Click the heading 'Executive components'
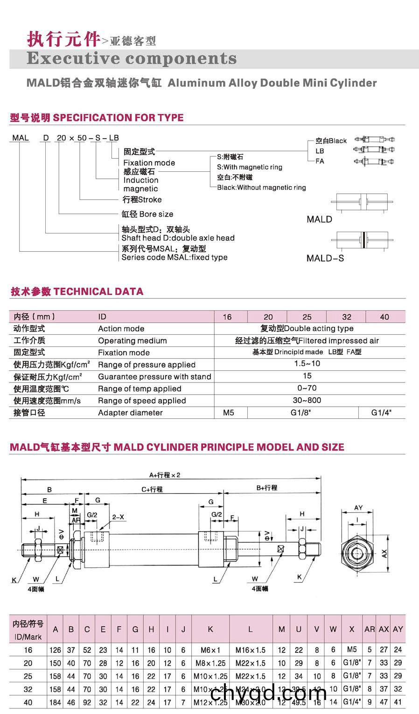(132, 59)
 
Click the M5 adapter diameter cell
(229, 413)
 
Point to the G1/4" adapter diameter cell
(381, 413)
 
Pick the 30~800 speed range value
(307, 401)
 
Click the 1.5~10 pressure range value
(307, 364)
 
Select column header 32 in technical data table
(346, 317)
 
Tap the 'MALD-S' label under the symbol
(325, 258)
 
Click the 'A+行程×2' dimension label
(165, 475)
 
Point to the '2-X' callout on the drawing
(118, 517)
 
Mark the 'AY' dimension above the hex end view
(358, 508)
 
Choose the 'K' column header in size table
(210, 629)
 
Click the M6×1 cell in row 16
(210, 650)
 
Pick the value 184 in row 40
(56, 702)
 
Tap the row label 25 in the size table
(28, 676)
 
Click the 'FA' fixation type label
(320, 161)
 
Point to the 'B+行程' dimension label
(267, 488)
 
